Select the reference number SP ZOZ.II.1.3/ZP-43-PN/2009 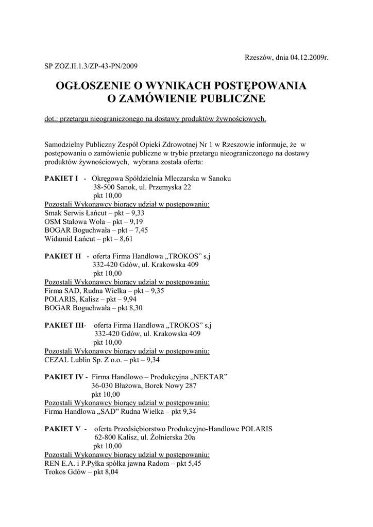point(91,65)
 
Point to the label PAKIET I point(61,178)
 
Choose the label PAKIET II point(63,256)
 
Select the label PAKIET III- point(65,325)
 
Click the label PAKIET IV point(64,377)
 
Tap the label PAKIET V point(62,429)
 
